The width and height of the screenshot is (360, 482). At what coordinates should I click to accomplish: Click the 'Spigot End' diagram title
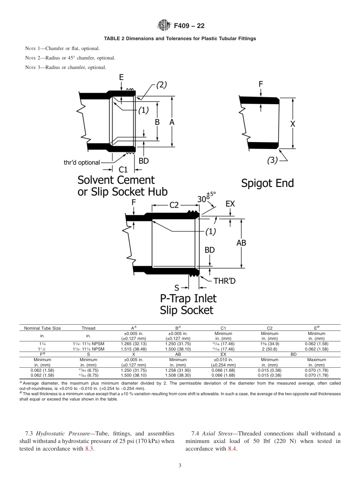click(x=268, y=183)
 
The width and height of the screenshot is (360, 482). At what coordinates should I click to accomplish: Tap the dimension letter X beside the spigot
click(x=292, y=124)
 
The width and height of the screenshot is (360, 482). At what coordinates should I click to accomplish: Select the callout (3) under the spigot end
click(x=272, y=160)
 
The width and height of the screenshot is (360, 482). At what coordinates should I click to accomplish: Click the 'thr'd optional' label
click(x=81, y=163)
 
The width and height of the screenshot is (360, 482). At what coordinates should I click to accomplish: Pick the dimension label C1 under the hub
click(x=123, y=170)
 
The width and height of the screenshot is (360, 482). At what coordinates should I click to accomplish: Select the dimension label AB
click(x=241, y=243)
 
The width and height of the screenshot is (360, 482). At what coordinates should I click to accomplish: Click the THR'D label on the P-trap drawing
click(x=225, y=281)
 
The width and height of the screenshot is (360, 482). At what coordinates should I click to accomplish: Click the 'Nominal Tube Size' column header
click(x=42, y=328)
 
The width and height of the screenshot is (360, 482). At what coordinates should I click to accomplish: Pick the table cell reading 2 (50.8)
click(x=269, y=349)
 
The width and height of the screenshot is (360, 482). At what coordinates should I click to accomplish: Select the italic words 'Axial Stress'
click(x=214, y=433)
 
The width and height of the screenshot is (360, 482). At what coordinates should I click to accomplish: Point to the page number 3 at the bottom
click(x=180, y=466)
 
